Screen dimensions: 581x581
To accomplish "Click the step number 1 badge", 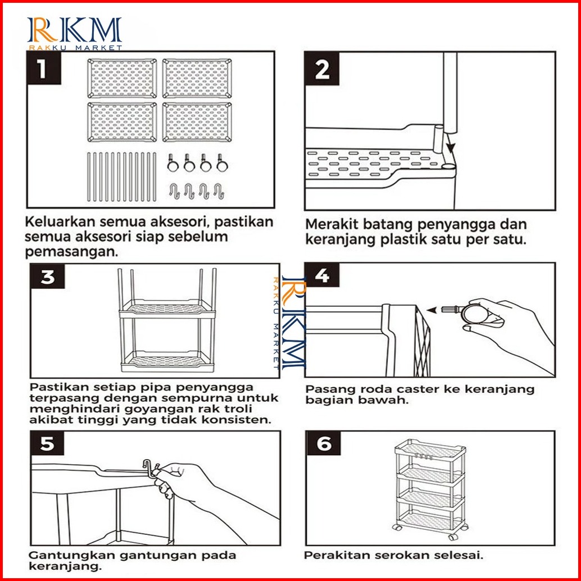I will [x=44, y=70].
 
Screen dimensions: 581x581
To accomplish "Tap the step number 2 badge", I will [x=323, y=70].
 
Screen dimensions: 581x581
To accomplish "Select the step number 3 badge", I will [x=48, y=278].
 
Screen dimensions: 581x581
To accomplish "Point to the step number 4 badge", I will [x=323, y=277].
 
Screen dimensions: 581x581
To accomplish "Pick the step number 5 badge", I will [x=48, y=444].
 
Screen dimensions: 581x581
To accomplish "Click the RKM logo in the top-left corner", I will [x=74, y=33].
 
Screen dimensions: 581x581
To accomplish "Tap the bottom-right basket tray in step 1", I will [x=196, y=121].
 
